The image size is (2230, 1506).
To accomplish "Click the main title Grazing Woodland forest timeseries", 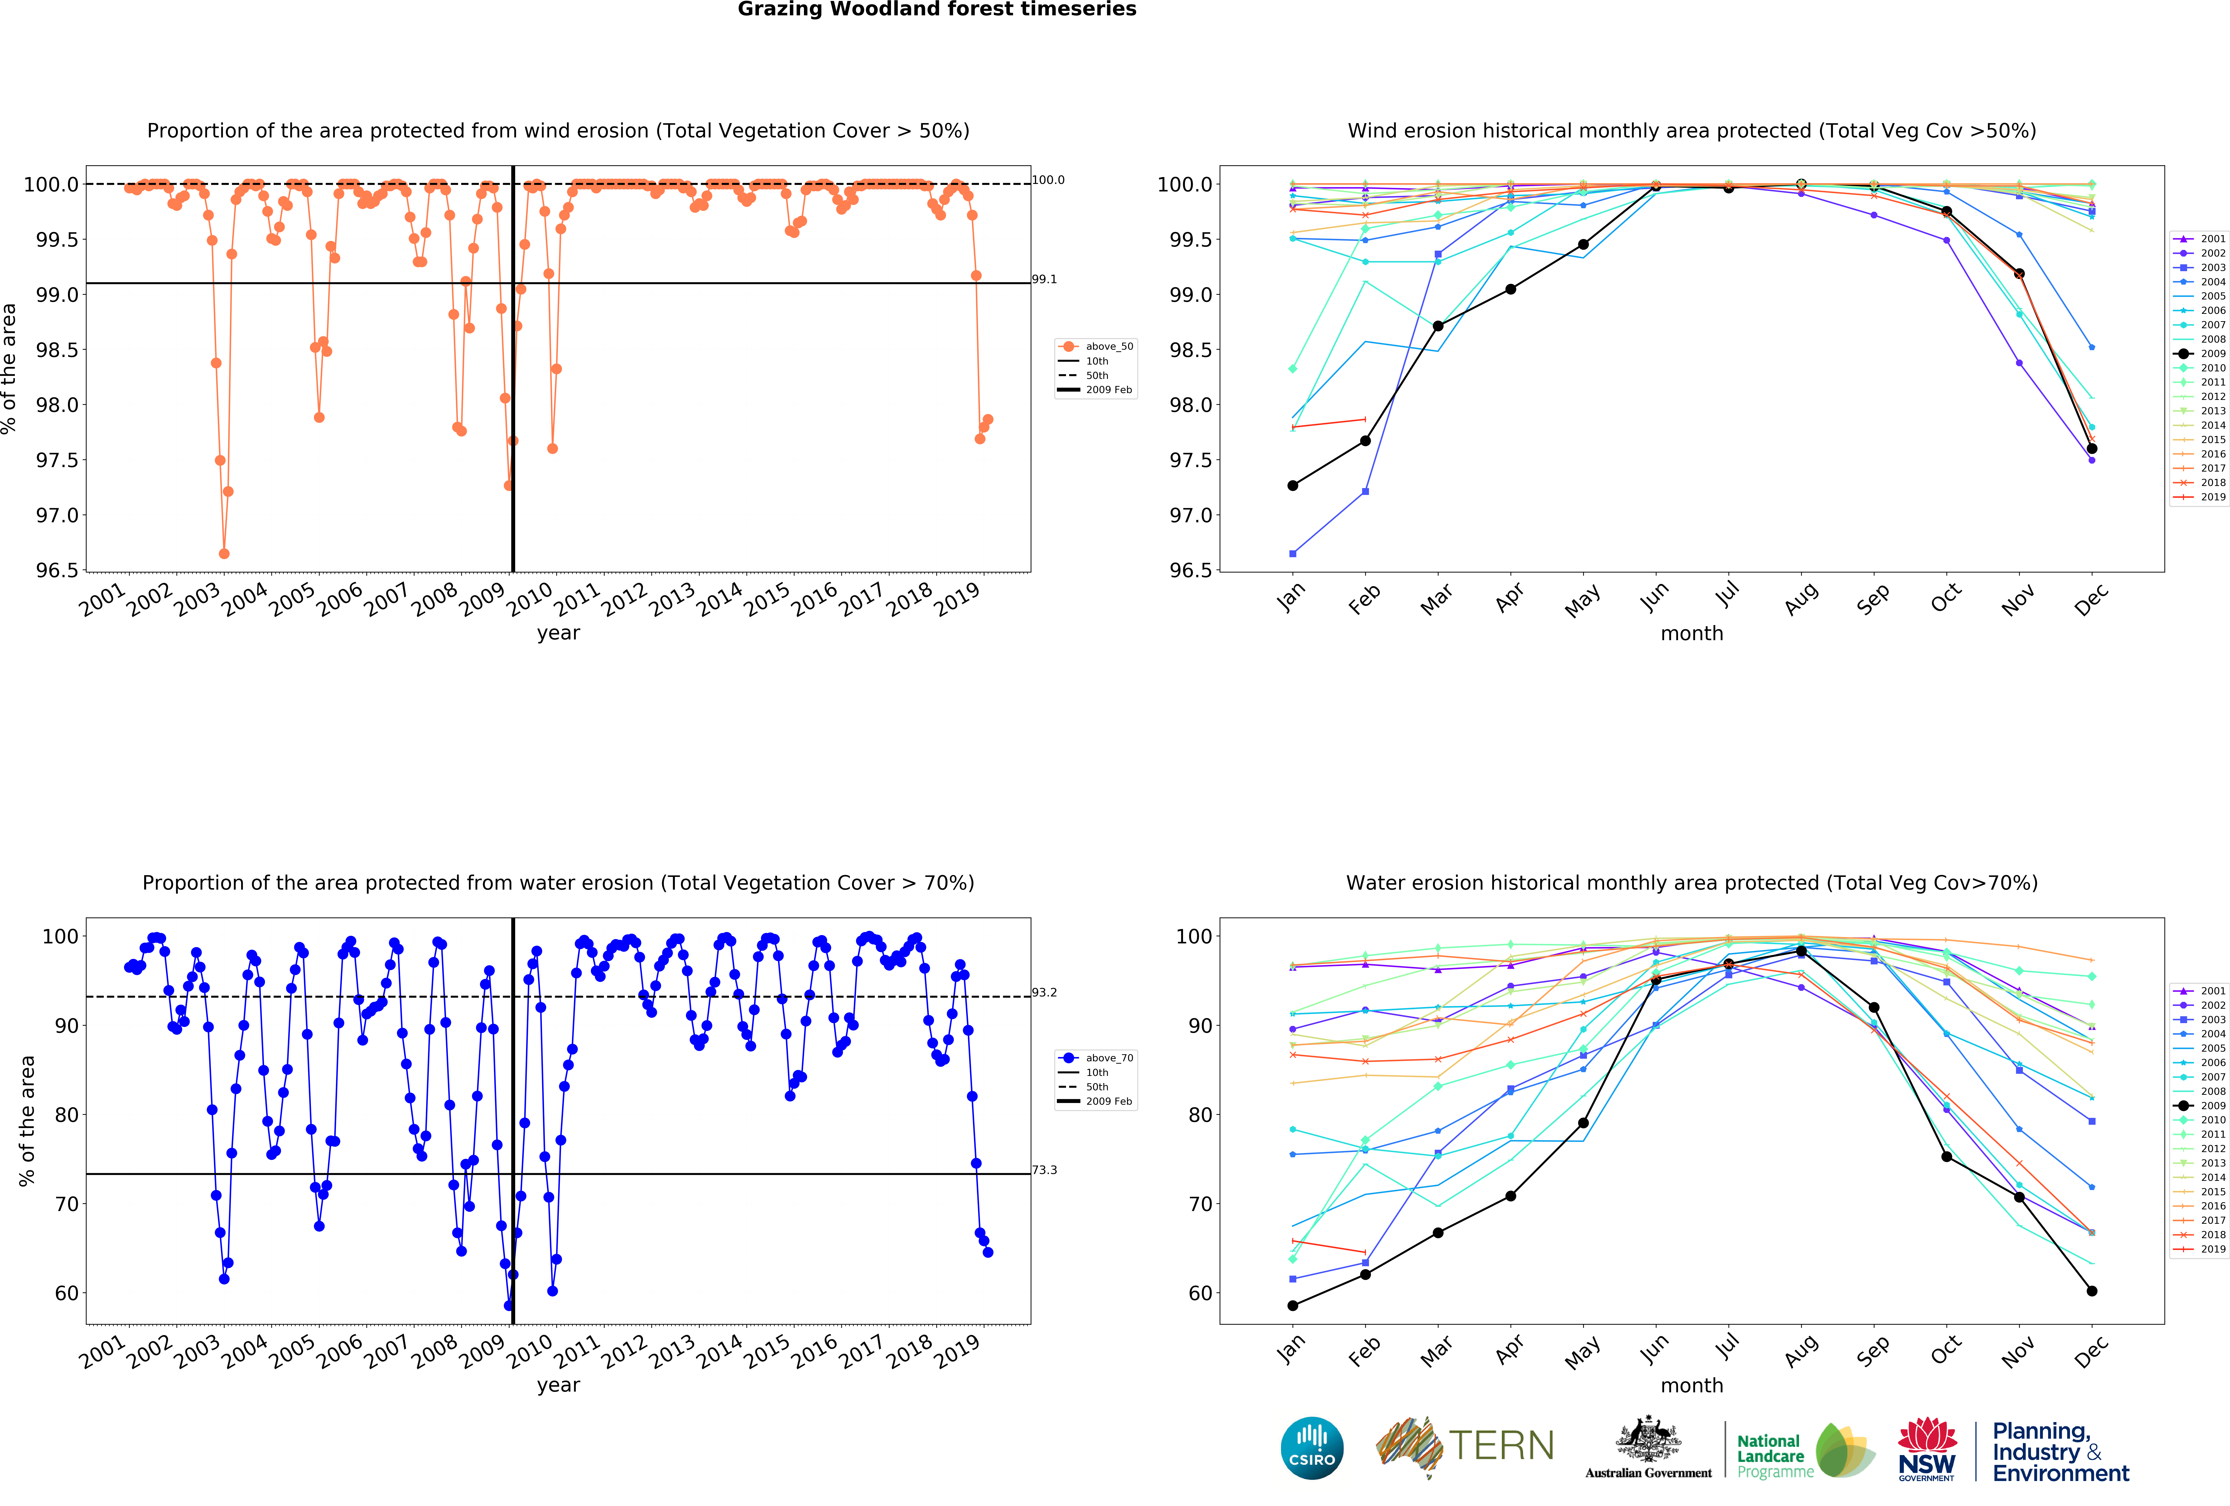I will pyautogui.click(x=937, y=10).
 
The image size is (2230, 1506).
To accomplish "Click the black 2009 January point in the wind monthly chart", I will pyautogui.click(x=1293, y=485).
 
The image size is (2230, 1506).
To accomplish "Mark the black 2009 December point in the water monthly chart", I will pyautogui.click(x=2092, y=1291).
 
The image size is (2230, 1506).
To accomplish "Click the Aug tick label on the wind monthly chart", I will pyautogui.click(x=1801, y=597).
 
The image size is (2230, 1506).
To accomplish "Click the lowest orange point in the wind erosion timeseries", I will pyautogui.click(x=224, y=553).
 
